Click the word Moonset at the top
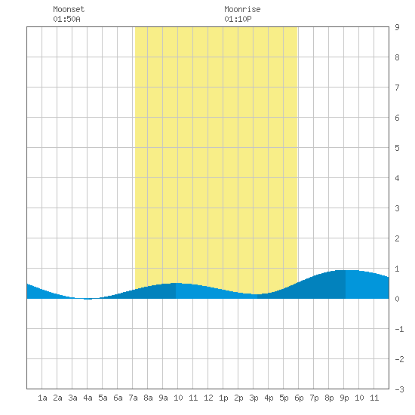[69, 9]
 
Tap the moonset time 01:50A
[66, 19]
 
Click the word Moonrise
[242, 9]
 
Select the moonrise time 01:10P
[238, 19]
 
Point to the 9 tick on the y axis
[397, 27]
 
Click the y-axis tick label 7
[397, 88]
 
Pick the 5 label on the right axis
[397, 148]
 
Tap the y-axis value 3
[397, 208]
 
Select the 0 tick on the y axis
[397, 299]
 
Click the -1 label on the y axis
[399, 329]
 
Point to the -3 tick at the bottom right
[399, 389]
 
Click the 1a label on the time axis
[42, 398]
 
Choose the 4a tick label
[88, 398]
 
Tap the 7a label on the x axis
[133, 398]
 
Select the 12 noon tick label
[208, 398]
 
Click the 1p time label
[223, 398]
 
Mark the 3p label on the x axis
[254, 398]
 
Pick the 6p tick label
[299, 398]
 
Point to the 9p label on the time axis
[344, 398]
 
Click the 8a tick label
[148, 398]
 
